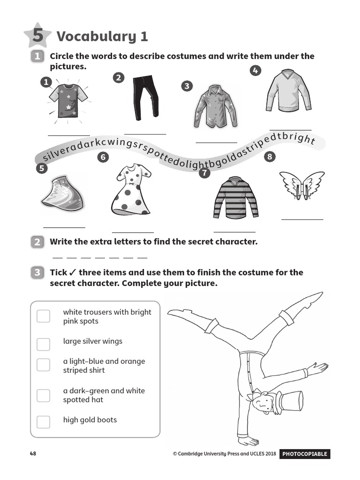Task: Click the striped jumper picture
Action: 235,197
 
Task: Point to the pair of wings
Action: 302,185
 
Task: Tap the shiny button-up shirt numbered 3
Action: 215,106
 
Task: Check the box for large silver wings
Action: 43,344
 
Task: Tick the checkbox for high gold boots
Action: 43,421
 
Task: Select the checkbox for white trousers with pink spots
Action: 43,316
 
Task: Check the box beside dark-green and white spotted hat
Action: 43,395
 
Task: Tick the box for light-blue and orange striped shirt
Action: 43,365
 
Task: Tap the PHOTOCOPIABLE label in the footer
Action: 304,454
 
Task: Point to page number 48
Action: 33,454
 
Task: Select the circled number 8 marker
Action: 270,157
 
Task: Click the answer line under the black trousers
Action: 145,134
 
